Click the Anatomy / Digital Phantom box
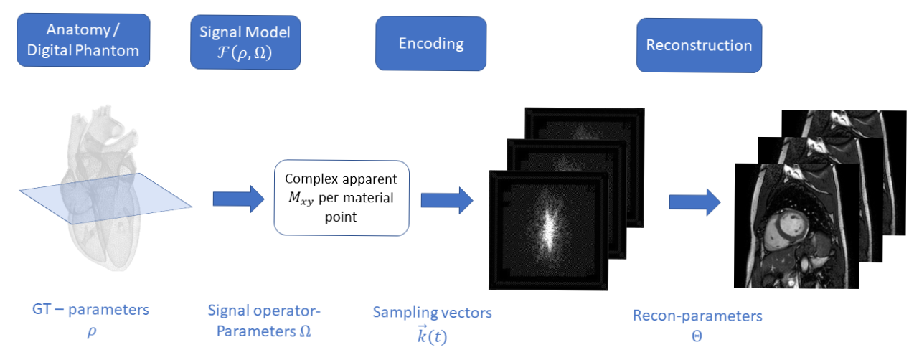click(83, 40)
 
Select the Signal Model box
click(245, 42)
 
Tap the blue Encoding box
click(430, 43)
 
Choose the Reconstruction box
click(699, 45)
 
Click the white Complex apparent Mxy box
click(342, 198)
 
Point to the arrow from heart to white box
click(239, 199)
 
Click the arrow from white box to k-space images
click(447, 200)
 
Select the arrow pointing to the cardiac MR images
click(694, 202)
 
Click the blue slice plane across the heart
click(105, 198)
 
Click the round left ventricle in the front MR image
click(786, 229)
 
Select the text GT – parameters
click(90, 309)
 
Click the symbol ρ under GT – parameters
click(92, 331)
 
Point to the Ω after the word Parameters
click(305, 331)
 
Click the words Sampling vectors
click(432, 312)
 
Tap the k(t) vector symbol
click(432, 336)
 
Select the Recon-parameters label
click(697, 316)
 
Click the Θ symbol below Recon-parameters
click(697, 336)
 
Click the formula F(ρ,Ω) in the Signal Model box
click(245, 52)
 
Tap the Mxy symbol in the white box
click(301, 198)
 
